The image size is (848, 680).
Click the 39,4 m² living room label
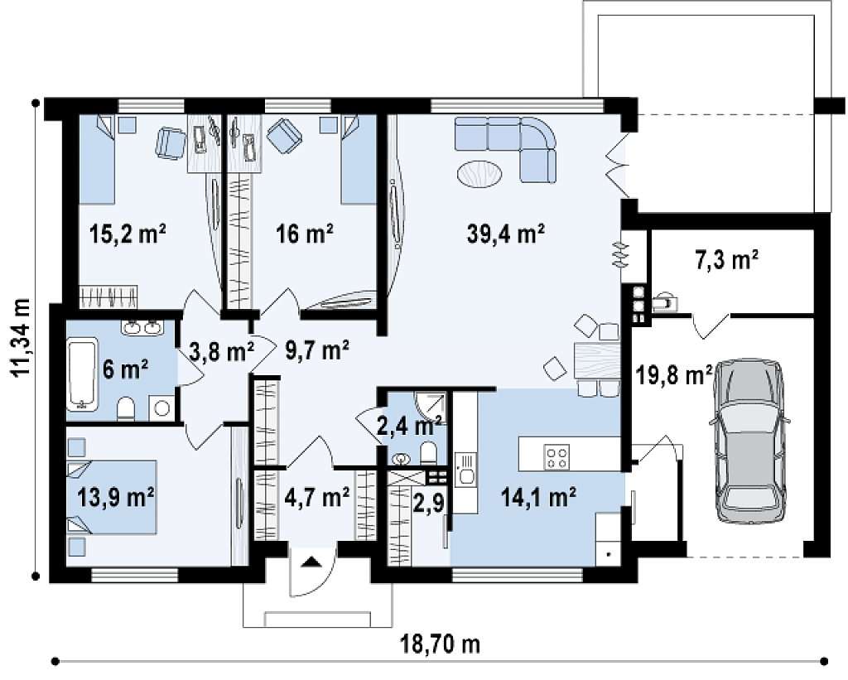coord(505,234)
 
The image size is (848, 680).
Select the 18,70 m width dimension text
coord(440,644)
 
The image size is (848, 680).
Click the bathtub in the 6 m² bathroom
coord(82,374)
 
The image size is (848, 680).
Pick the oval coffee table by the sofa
coord(479,174)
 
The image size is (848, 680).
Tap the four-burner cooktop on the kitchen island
coord(556,456)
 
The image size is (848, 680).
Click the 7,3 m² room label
coord(725,260)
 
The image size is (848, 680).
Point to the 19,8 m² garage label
coord(672,375)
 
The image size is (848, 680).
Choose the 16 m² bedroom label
coord(304,234)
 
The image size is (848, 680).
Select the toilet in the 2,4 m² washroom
coord(428,453)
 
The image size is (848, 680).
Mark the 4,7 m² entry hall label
coord(316,497)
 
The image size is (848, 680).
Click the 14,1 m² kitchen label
coord(538,497)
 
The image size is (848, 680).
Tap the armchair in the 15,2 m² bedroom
coord(171,142)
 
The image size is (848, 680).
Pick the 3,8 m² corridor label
coord(222,352)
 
